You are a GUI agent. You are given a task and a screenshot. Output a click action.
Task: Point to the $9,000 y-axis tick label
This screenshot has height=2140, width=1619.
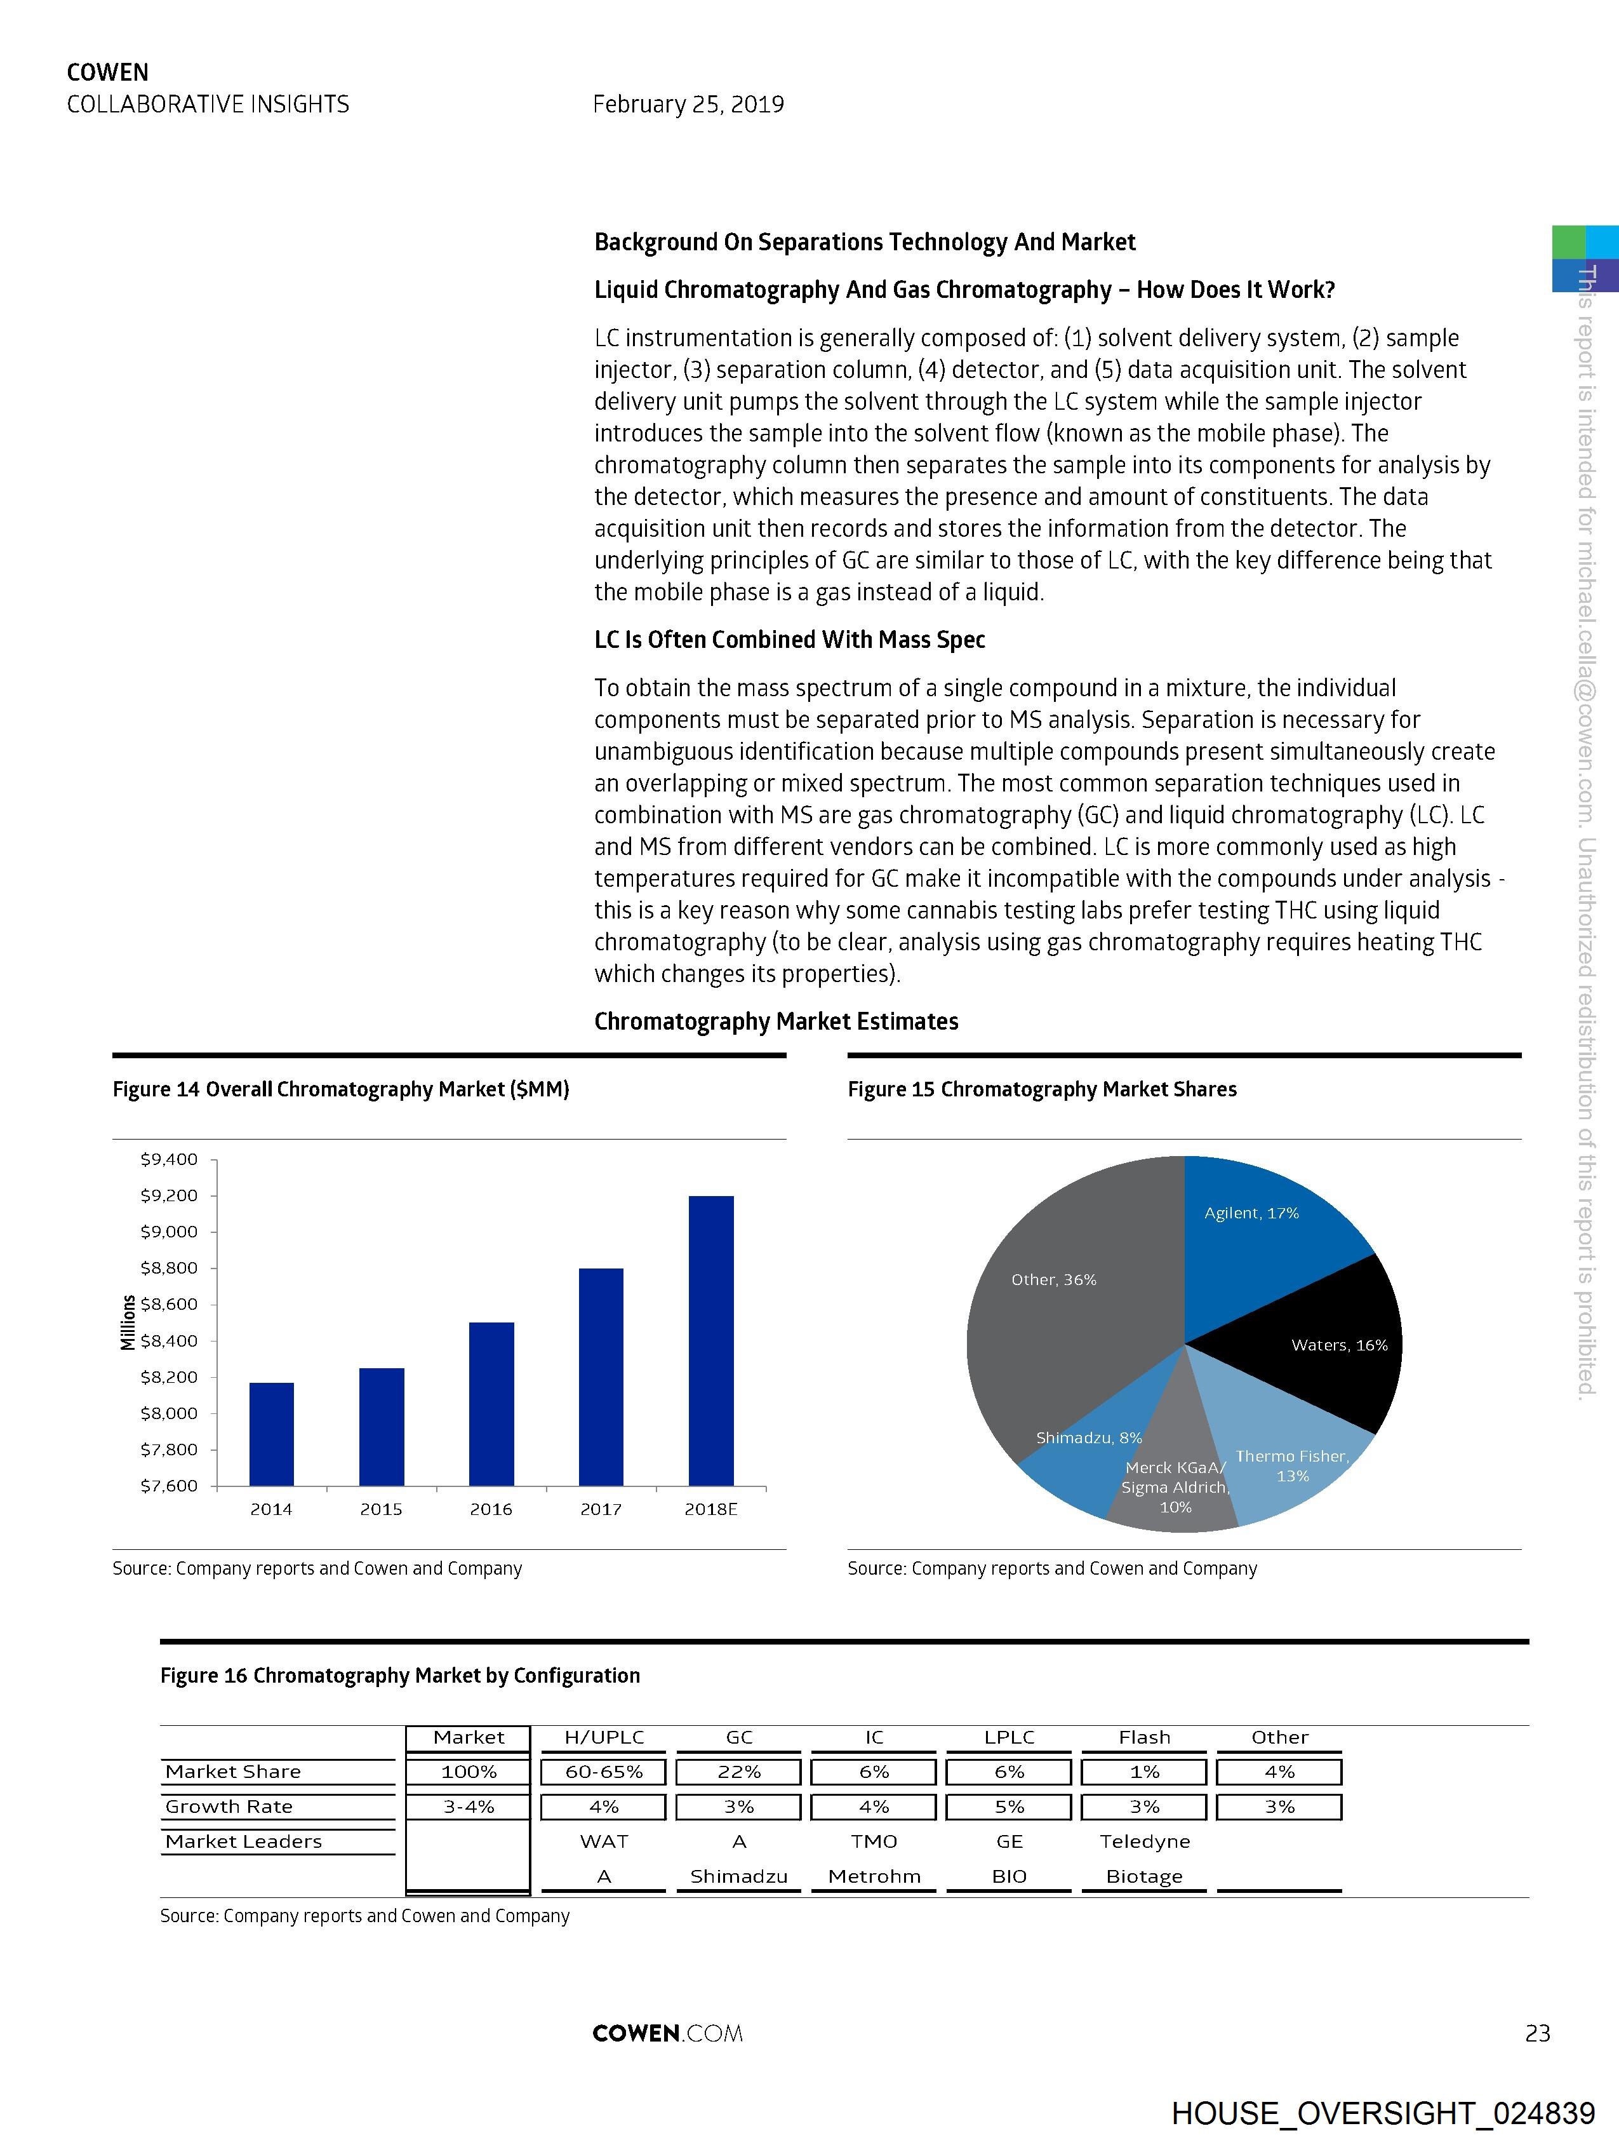[170, 1232]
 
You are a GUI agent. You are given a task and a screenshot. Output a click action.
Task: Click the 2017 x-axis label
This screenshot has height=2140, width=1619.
[601, 1509]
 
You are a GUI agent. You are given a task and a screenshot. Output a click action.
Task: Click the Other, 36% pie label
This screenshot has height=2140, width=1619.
[1053, 1280]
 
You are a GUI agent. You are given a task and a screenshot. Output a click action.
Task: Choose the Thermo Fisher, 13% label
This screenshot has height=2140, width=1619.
[1292, 1465]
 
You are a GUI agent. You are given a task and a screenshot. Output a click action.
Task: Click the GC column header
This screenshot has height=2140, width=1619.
[739, 1737]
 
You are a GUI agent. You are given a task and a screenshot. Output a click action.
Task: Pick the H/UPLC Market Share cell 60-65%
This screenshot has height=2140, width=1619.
[604, 1772]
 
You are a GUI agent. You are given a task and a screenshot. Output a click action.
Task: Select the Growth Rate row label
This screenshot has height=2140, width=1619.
[229, 1807]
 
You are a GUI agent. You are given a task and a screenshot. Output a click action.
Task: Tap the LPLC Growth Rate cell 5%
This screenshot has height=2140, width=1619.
[1009, 1807]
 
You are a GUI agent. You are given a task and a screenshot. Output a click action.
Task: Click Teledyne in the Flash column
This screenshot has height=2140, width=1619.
[1144, 1842]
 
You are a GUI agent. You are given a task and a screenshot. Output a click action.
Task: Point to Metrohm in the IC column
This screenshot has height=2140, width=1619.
[874, 1877]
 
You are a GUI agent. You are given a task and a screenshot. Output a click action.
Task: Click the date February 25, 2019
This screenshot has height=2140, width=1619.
[688, 104]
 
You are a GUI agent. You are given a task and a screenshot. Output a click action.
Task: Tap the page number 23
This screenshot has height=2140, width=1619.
[1537, 2033]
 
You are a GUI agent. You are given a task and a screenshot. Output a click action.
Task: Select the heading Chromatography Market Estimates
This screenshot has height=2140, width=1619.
[776, 1021]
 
